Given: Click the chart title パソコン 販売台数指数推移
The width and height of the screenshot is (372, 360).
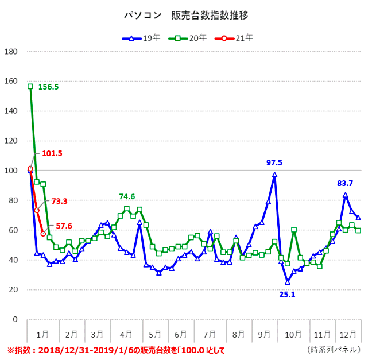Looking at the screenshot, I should [186, 15].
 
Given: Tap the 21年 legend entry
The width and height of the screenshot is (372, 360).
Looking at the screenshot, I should [232, 38].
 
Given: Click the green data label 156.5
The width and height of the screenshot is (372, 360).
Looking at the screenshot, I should [49, 87].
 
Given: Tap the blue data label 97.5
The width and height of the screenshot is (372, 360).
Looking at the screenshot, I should [274, 163].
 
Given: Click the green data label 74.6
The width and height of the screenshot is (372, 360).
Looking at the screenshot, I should [127, 196].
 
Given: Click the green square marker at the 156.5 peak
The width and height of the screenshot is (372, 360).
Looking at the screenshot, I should [30, 86].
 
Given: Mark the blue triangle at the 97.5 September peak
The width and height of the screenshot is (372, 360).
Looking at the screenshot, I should [274, 175].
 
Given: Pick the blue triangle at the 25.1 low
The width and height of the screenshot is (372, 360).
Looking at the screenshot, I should [288, 282].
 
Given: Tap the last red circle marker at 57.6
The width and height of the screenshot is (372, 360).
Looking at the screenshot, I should [43, 234].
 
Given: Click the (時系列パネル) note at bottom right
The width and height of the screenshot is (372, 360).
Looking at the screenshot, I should [334, 350].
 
